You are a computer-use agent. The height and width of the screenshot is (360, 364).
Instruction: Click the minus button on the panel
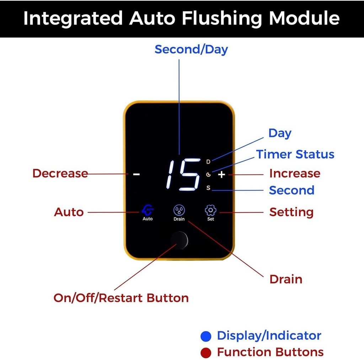click(136, 174)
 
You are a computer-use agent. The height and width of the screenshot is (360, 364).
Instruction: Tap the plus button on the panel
click(221, 174)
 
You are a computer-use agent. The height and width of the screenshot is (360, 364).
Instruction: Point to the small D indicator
click(208, 162)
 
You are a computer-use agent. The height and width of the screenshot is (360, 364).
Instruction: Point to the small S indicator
click(208, 188)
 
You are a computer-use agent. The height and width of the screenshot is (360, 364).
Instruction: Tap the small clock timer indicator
click(208, 174)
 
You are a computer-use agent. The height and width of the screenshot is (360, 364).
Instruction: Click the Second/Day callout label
click(191, 49)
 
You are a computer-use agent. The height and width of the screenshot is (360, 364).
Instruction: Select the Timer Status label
click(295, 154)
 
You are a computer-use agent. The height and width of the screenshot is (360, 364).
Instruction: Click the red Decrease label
click(60, 173)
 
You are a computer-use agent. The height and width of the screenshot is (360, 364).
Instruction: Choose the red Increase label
click(295, 173)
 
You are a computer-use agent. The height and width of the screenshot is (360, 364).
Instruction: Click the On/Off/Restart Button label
click(121, 298)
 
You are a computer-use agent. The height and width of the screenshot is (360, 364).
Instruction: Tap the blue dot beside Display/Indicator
click(206, 336)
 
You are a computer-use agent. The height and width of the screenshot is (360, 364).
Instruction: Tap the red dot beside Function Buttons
click(206, 353)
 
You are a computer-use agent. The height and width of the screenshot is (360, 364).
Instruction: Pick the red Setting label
click(291, 212)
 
